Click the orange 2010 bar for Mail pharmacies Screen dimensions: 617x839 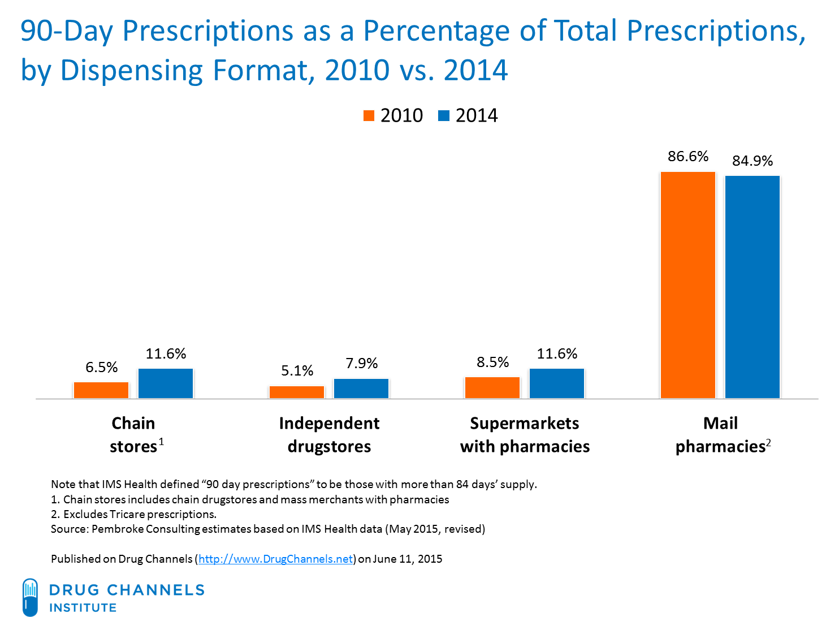[687, 284]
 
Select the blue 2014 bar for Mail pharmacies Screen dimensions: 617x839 [752, 287]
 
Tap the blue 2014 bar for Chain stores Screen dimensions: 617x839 [166, 383]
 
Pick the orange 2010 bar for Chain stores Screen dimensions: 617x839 [101, 390]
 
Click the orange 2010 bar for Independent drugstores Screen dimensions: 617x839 [297, 392]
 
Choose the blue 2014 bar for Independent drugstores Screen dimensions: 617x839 [361, 389]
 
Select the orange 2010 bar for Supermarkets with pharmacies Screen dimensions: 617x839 [492, 387]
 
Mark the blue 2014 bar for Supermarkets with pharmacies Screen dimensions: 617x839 [556, 383]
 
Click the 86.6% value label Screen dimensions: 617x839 [687, 157]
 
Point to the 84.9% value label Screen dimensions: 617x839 [752, 161]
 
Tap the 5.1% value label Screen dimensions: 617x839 [297, 371]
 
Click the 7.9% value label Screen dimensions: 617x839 [361, 364]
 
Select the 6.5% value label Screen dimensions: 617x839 [101, 368]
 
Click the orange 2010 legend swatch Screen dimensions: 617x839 [369, 116]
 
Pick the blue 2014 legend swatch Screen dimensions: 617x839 [444, 116]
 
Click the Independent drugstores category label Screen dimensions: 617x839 [329, 435]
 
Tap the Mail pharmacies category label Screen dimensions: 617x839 [721, 435]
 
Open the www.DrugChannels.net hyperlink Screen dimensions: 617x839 [276, 559]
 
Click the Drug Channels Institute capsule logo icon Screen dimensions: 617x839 [31, 597]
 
